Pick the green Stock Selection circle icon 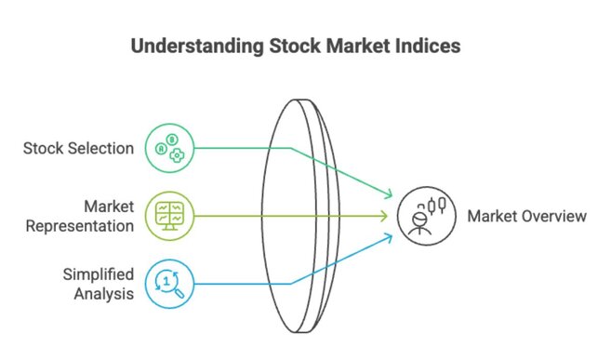170,148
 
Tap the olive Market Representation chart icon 170,216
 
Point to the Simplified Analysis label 98,284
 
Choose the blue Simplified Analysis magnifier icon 170,284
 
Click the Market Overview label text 527,216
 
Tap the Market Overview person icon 424,217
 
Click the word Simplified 98,274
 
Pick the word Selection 103,148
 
